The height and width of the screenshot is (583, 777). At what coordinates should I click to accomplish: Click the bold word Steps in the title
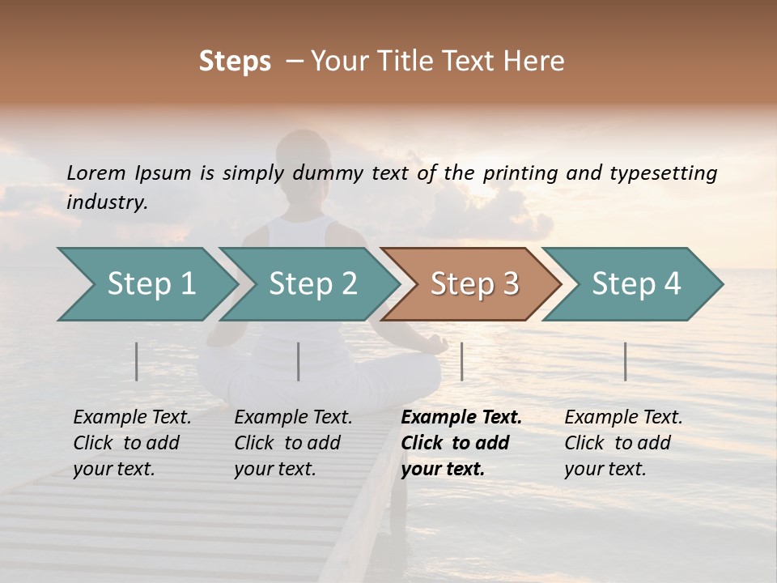[235, 62]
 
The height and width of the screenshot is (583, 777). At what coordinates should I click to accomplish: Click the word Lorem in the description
[96, 172]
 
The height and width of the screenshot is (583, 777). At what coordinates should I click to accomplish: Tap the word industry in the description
[107, 202]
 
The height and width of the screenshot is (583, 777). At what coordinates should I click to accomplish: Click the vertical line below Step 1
[137, 361]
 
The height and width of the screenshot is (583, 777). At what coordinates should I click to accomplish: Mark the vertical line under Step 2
[299, 361]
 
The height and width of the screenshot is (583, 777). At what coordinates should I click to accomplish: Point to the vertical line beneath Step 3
[461, 361]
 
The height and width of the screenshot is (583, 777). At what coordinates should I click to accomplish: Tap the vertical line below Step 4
[625, 361]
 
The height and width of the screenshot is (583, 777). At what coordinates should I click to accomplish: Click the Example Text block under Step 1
[132, 443]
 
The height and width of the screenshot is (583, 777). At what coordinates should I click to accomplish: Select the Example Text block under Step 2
[293, 443]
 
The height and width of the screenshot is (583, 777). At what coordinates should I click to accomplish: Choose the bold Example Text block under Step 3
[461, 443]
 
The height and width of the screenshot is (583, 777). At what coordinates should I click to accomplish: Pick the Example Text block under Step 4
[623, 443]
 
